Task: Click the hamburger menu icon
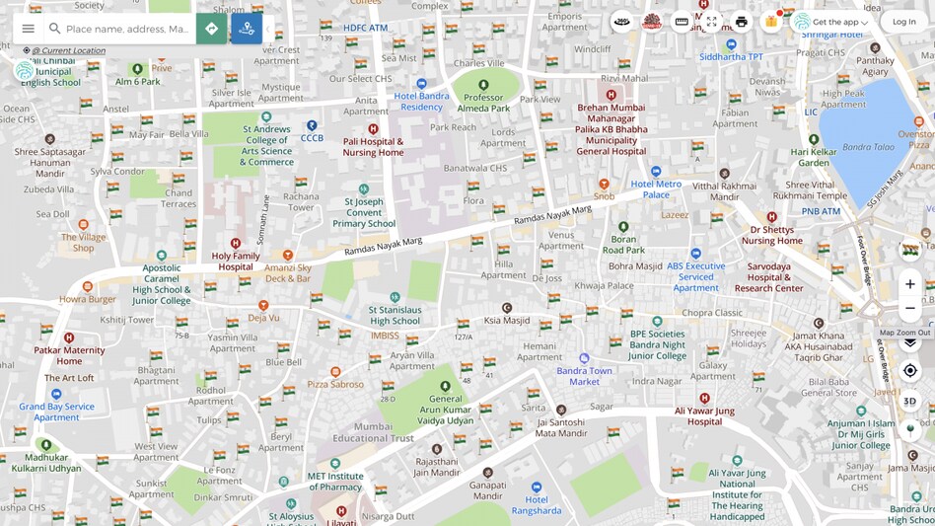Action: point(28,29)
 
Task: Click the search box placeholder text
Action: point(126,29)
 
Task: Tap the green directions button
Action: point(211,29)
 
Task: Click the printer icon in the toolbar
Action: point(742,22)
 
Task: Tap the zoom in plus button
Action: point(909,284)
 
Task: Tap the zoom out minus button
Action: point(909,309)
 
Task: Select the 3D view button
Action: point(909,401)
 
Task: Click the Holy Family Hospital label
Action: point(236,262)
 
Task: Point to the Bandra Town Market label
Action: point(584,376)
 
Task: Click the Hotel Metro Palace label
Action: point(656,189)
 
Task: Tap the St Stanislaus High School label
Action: point(395,315)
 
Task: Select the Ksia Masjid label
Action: point(507,320)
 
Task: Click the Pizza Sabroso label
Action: point(335,384)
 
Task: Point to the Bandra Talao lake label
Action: point(868,147)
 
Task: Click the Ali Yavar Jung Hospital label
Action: point(704,415)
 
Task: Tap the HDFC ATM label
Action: point(365,28)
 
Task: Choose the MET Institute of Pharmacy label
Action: point(334,482)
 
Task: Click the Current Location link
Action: point(68,50)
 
